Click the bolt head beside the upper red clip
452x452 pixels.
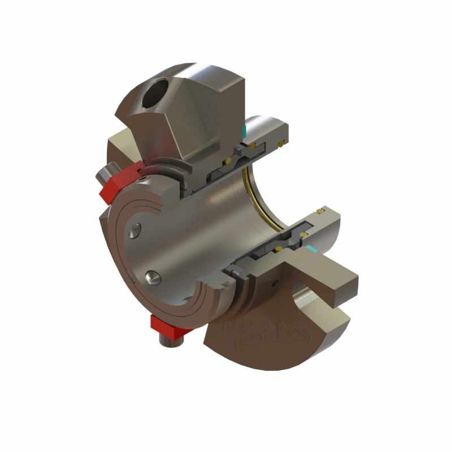pos(106,173)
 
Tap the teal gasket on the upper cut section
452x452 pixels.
pos(244,131)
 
